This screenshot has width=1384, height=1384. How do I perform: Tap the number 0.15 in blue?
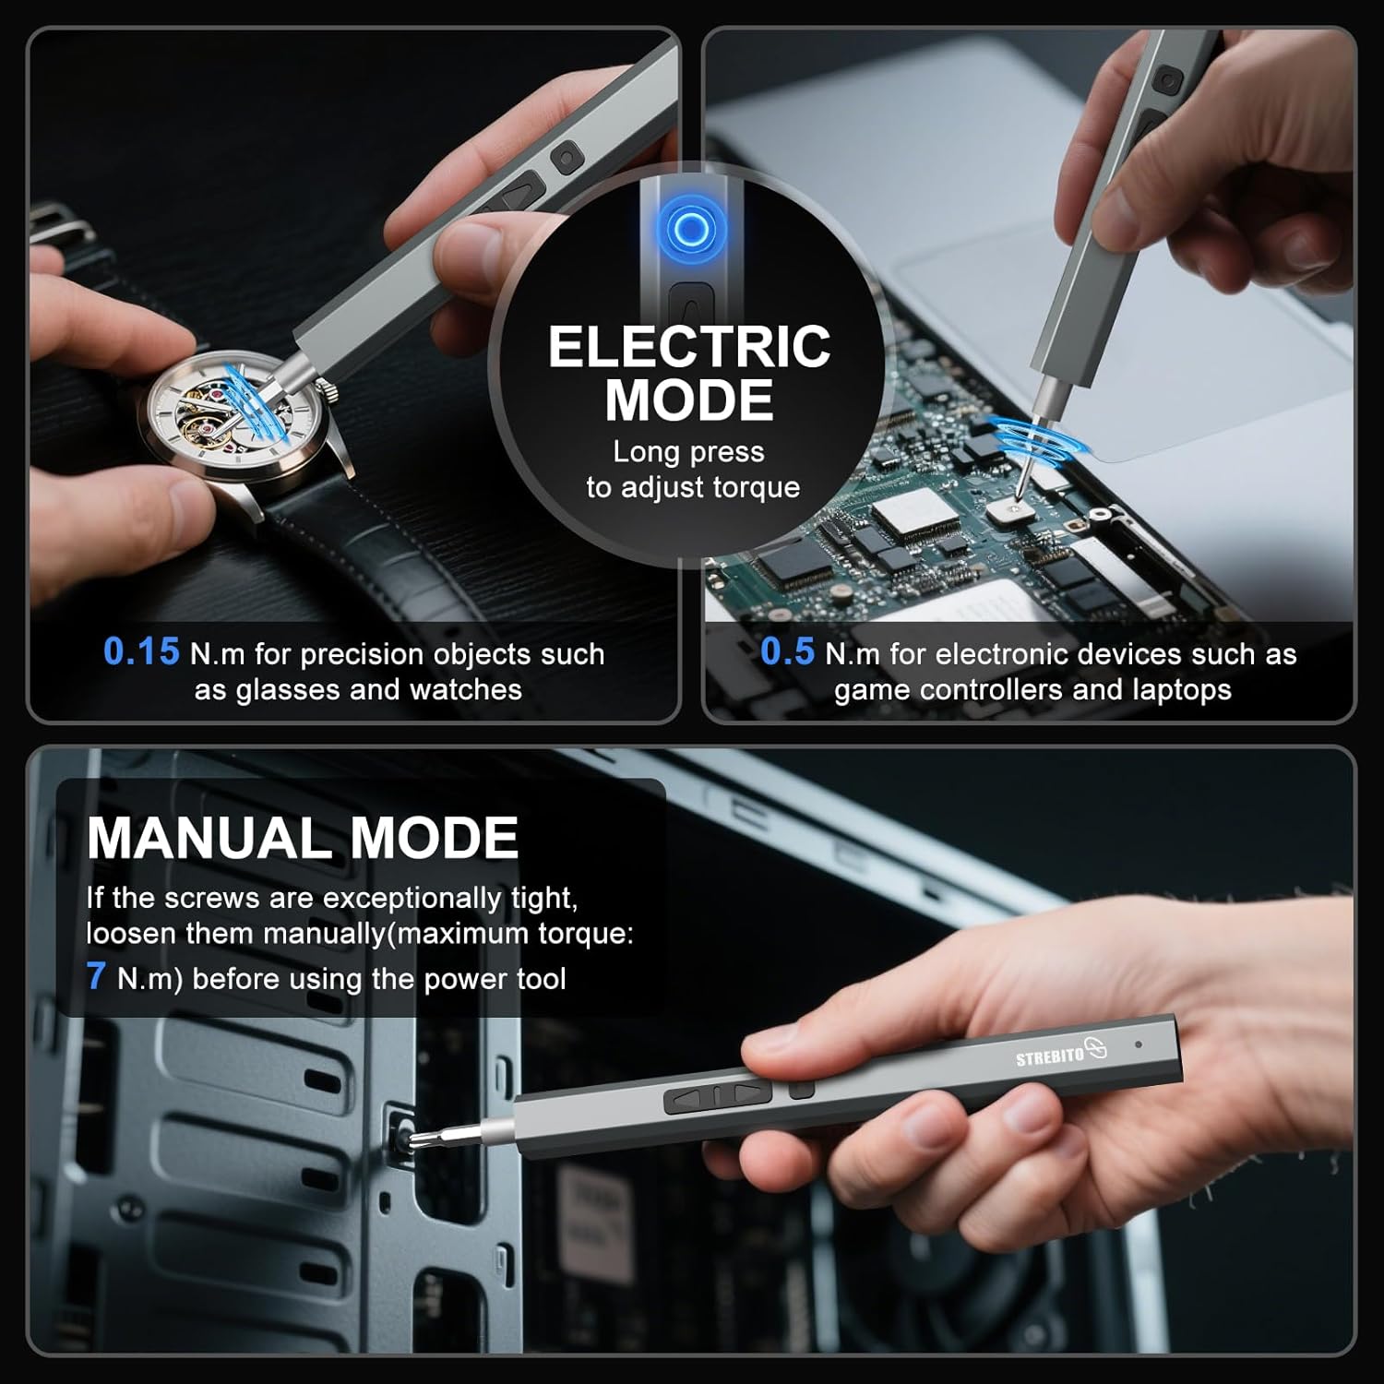click(141, 651)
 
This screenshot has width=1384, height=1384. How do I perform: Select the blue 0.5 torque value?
click(787, 651)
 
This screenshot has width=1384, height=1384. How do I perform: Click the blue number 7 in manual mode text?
click(96, 976)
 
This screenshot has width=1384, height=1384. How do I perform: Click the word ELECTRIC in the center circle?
click(689, 347)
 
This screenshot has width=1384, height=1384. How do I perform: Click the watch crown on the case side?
click(329, 393)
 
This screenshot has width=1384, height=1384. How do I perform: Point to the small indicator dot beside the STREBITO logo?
click(1139, 1044)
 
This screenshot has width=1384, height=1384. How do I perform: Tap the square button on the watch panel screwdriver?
click(566, 158)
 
